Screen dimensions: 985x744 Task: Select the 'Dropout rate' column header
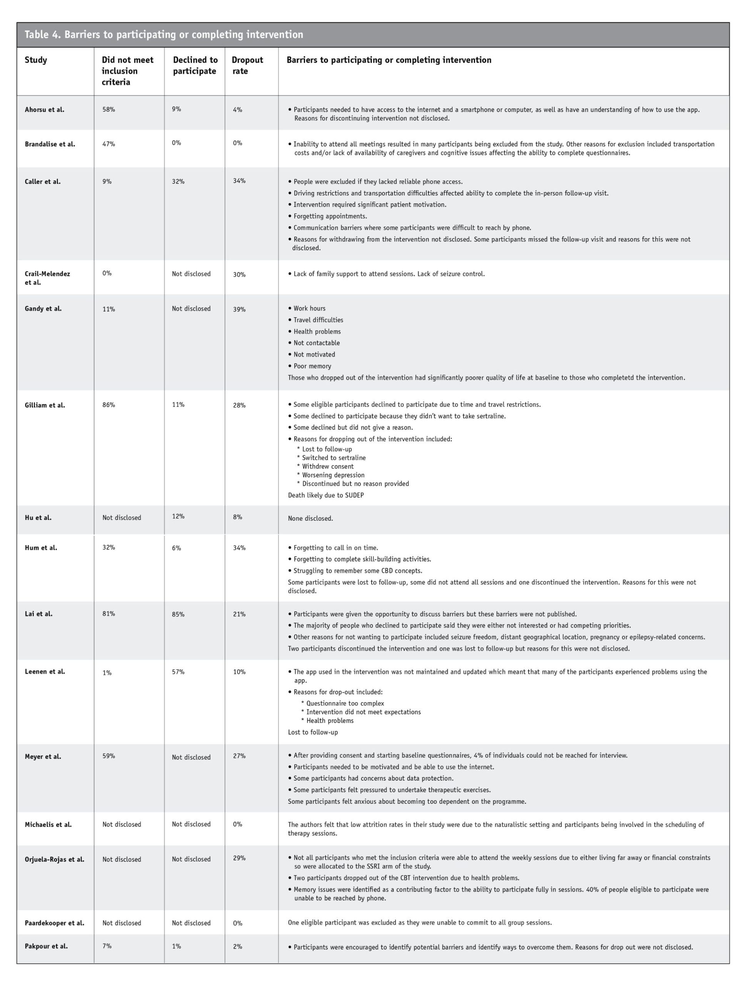pyautogui.click(x=247, y=65)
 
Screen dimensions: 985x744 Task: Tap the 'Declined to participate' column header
pyautogui.click(x=195, y=65)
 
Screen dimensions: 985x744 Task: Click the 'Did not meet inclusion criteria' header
pyautogui.click(x=127, y=71)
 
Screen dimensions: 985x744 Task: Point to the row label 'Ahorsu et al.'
pyautogui.click(x=45, y=110)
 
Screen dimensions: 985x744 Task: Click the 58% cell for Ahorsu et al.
pyautogui.click(x=108, y=110)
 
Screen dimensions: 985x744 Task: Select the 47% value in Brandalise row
pyautogui.click(x=108, y=144)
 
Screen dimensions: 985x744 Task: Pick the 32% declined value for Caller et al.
pyautogui.click(x=178, y=181)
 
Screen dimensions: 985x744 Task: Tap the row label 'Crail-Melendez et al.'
pyautogui.click(x=47, y=278)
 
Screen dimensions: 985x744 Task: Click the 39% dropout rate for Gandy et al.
pyautogui.click(x=239, y=309)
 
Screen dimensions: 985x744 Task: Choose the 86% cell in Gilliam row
pyautogui.click(x=108, y=405)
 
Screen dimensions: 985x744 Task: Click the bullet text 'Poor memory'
pyautogui.click(x=312, y=366)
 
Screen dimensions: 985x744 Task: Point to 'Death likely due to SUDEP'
pyautogui.click(x=325, y=495)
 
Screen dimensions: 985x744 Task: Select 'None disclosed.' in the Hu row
pyautogui.click(x=310, y=518)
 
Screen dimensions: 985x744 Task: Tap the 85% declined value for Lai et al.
pyautogui.click(x=178, y=614)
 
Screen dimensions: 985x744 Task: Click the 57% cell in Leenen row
pyautogui.click(x=178, y=671)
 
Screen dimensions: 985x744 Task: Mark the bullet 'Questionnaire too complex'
pyautogui.click(x=345, y=703)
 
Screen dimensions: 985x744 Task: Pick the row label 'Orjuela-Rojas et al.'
pyautogui.click(x=54, y=859)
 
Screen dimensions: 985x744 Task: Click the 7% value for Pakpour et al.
pyautogui.click(x=107, y=946)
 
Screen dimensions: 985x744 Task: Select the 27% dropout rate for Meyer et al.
pyautogui.click(x=239, y=756)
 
